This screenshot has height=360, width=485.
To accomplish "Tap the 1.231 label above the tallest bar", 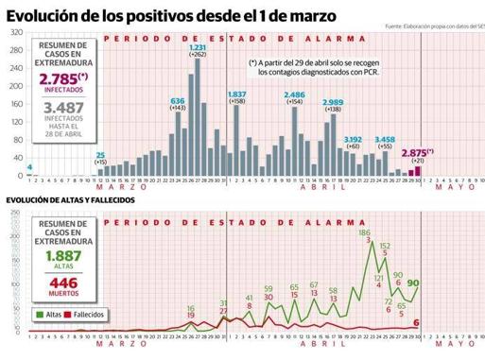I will pos(198,47).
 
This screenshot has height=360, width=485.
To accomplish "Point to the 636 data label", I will pos(177,100).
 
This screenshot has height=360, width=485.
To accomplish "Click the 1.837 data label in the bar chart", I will pos(236,94).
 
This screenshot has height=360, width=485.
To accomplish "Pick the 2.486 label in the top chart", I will pos(294,94).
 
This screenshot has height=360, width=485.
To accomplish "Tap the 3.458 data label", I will pos(385,139).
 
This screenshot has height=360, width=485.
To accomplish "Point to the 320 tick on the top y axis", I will pos(16,32).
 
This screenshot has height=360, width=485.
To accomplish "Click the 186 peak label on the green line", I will pos(364,231).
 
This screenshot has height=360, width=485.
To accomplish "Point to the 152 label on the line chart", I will pos(385,245).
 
